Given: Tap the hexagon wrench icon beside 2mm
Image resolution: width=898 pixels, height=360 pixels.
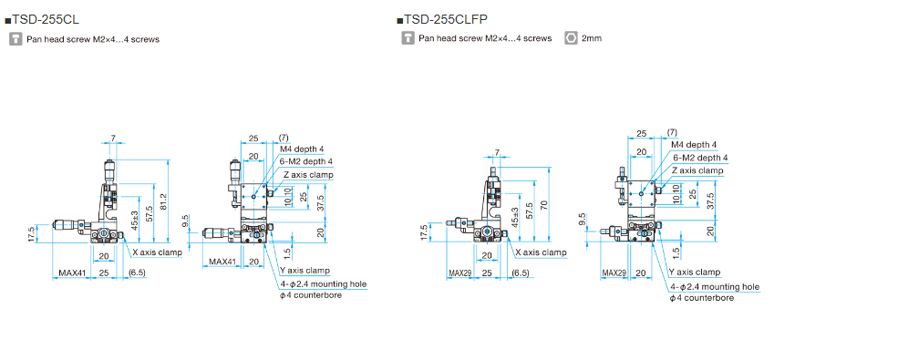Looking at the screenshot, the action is (571, 38).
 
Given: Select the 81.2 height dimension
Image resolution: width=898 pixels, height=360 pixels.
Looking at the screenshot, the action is (164, 201).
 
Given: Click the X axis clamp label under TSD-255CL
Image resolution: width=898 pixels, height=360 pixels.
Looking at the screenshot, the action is (158, 252).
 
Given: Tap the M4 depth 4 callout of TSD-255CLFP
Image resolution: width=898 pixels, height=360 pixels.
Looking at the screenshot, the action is (694, 144).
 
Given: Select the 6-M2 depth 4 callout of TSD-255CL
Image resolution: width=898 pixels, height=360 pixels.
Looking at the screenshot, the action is (306, 161).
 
